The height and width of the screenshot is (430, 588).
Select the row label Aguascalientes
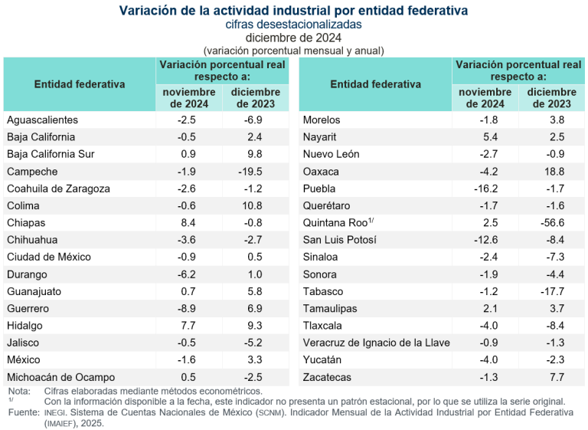click(x=42, y=120)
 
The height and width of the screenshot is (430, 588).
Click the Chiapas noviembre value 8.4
click(x=188, y=223)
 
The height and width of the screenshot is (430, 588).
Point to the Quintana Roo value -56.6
click(x=550, y=223)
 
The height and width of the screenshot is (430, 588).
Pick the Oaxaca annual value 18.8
click(x=550, y=172)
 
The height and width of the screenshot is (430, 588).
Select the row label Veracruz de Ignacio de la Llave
click(x=377, y=343)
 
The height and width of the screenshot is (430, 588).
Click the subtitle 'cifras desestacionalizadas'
click(x=294, y=25)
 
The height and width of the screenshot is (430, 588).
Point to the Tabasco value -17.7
click(x=550, y=291)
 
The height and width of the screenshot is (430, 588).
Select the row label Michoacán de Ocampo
click(x=60, y=377)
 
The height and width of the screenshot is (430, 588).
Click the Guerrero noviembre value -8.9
click(x=188, y=308)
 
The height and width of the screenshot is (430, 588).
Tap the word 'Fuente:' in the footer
click(x=24, y=412)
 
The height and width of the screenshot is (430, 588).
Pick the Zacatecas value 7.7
click(x=552, y=377)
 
